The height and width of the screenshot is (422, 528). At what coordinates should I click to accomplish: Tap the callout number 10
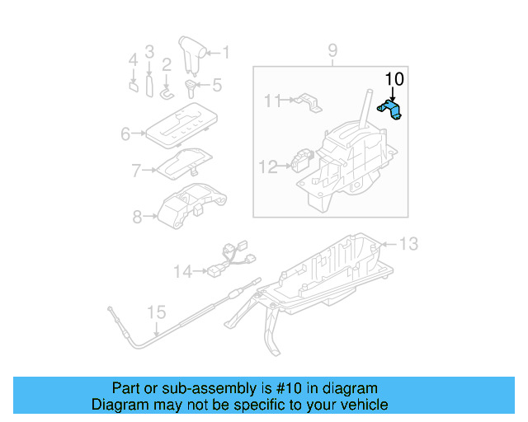[x=394, y=80]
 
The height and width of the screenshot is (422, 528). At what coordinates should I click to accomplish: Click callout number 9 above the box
[x=332, y=52]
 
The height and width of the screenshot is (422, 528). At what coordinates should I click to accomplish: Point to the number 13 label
[x=409, y=243]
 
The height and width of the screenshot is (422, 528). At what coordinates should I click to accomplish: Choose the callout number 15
[x=156, y=313]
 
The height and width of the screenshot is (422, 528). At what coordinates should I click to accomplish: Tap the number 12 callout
[x=267, y=167]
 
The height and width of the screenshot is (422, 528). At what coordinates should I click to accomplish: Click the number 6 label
[x=126, y=134]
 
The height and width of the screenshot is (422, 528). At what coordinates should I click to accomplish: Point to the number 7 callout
[x=137, y=171]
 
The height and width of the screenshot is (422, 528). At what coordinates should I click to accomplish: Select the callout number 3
[x=149, y=52]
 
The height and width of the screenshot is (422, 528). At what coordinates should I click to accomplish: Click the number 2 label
[x=167, y=64]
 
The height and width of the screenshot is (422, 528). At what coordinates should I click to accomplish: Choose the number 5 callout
[x=217, y=84]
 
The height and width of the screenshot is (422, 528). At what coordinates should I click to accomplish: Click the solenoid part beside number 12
[x=304, y=158]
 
